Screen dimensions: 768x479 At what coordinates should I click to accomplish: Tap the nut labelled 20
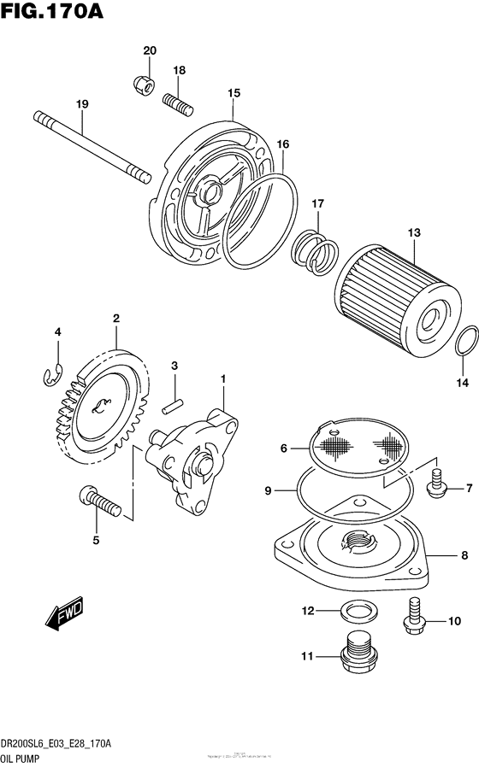point(144,84)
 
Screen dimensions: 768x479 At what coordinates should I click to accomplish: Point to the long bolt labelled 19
point(94,145)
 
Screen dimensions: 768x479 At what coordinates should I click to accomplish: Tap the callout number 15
point(233,92)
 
